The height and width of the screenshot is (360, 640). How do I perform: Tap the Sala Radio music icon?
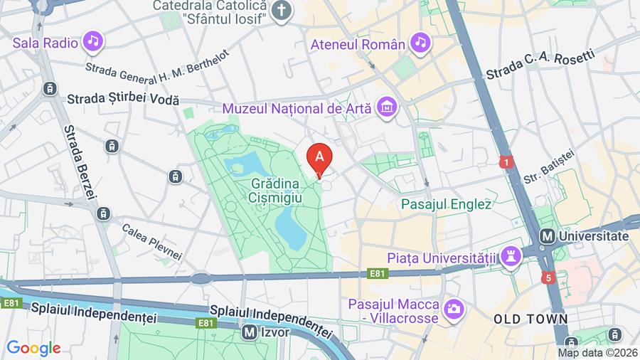[x=93, y=42]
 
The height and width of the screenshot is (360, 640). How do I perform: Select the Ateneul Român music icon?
[x=420, y=43]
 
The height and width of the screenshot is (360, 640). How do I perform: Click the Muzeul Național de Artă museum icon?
[x=388, y=107]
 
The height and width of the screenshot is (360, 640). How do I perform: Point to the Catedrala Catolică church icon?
[x=283, y=11]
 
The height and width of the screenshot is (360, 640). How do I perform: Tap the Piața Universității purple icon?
[x=510, y=257]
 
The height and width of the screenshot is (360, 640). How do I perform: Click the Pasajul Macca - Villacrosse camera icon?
[x=452, y=309]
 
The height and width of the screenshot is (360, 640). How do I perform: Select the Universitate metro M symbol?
[x=548, y=236]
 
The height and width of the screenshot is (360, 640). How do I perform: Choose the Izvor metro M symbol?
[x=249, y=331]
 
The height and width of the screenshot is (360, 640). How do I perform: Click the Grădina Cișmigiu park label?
[x=277, y=190]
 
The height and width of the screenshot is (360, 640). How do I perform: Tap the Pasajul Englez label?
[x=446, y=204]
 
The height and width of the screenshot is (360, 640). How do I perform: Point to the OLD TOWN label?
[x=530, y=319]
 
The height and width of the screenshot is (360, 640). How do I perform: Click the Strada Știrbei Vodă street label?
[x=123, y=100]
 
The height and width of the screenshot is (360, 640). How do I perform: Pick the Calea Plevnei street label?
[x=152, y=242]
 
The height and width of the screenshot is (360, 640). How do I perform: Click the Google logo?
[x=33, y=348]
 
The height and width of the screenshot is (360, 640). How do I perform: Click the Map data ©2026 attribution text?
[x=597, y=353]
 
